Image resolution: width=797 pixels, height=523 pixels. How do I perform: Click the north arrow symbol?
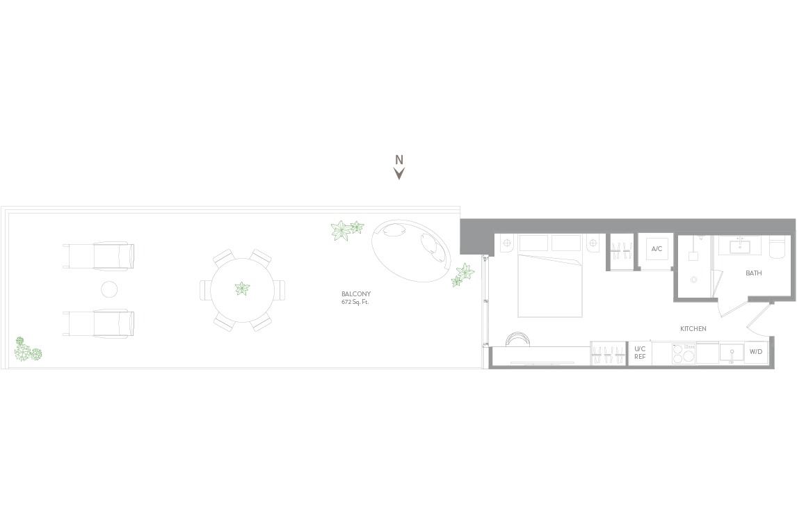click(399, 174)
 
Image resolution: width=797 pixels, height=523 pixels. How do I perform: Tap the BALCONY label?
click(356, 293)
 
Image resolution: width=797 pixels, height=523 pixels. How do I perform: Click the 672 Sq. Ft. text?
click(355, 302)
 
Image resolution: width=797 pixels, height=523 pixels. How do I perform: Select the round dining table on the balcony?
click(243, 290)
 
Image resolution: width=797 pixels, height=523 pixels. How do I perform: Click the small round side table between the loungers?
click(109, 290)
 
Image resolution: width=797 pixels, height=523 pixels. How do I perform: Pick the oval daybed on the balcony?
click(411, 250)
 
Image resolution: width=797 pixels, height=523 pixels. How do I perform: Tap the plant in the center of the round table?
click(243, 289)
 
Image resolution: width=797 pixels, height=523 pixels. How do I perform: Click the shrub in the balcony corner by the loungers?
click(27, 350)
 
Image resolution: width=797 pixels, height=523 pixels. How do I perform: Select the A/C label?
click(657, 249)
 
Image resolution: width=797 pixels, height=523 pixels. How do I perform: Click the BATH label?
click(753, 273)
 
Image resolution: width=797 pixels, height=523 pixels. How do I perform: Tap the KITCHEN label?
click(693, 329)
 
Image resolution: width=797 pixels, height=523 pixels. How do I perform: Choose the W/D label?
click(756, 352)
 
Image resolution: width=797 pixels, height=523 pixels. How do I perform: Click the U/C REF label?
click(640, 353)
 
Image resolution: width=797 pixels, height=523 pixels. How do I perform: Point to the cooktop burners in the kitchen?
click(684, 353)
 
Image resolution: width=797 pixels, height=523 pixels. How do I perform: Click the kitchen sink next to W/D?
click(732, 353)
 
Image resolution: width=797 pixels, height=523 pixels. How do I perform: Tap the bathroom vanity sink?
click(741, 246)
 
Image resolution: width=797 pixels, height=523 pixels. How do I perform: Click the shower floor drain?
click(694, 280)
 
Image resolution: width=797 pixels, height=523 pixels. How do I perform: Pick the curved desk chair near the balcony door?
click(518, 339)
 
